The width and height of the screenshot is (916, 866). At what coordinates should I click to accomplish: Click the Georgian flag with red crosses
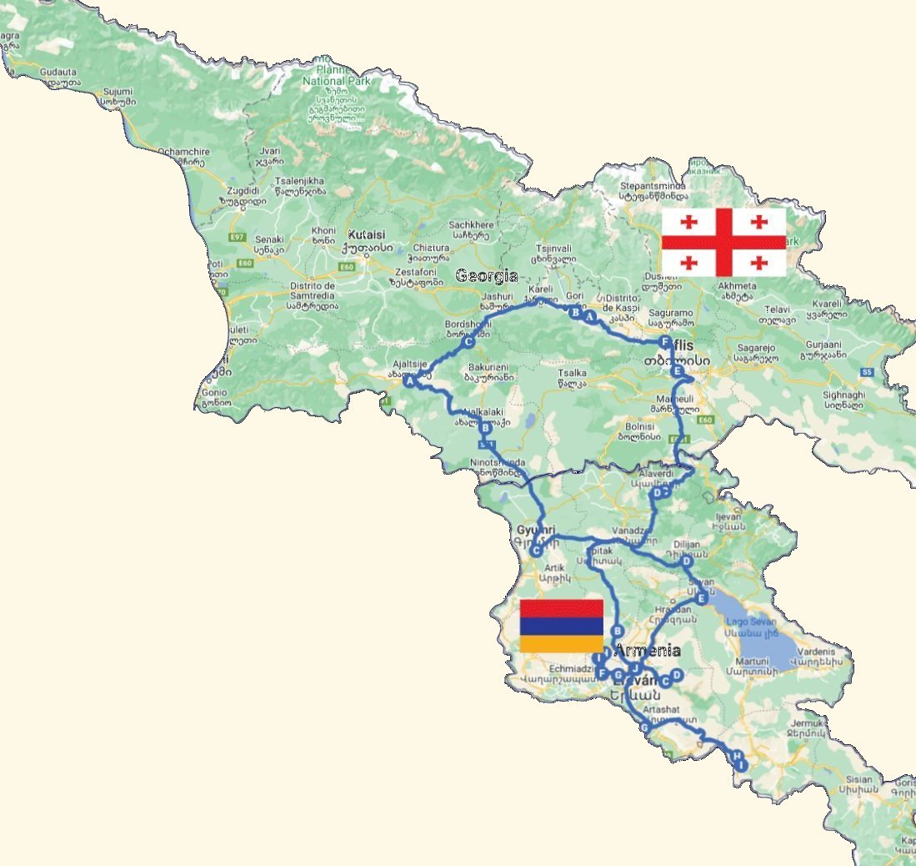(x=723, y=242)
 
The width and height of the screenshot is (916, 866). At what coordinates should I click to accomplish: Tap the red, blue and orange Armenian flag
(x=561, y=626)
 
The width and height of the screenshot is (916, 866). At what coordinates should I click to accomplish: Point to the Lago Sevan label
(x=751, y=622)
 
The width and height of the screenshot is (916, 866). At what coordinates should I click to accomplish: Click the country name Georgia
(x=486, y=275)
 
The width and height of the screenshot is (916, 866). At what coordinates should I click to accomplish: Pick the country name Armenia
(x=648, y=651)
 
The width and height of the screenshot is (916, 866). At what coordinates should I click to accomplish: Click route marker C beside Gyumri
(x=536, y=551)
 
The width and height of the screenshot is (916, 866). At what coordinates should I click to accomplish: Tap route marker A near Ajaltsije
(x=409, y=380)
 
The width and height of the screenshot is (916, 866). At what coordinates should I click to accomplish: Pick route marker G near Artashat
(x=643, y=728)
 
